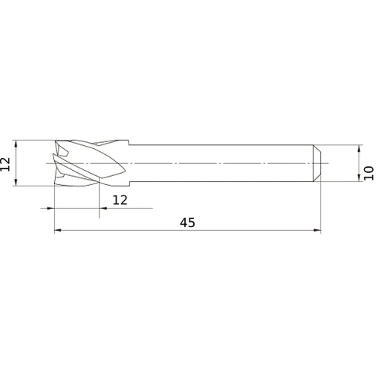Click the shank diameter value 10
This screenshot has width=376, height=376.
coord(368,172)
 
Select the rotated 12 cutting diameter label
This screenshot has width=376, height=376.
coord(6,163)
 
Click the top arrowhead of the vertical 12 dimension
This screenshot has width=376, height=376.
coord(16,142)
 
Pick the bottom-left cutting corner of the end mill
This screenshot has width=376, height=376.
coord(56,185)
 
